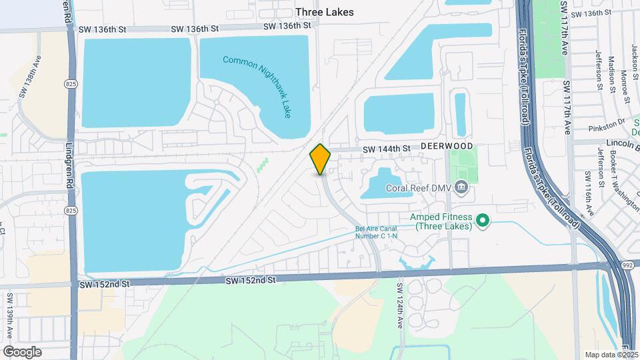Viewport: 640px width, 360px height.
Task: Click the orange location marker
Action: [x=321, y=159]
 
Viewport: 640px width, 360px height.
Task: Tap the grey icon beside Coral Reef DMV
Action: [x=461, y=188]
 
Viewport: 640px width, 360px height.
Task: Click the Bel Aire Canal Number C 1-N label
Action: [x=376, y=233]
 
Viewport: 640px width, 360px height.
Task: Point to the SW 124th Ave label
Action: [x=400, y=305]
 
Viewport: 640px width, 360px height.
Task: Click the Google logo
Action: [x=23, y=351]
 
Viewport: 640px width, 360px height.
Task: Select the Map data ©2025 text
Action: [x=611, y=355]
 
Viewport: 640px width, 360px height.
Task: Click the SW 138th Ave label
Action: [x=30, y=77]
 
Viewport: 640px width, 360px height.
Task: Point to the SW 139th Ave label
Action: [x=10, y=313]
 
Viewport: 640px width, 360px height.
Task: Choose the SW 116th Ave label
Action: [x=589, y=193]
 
